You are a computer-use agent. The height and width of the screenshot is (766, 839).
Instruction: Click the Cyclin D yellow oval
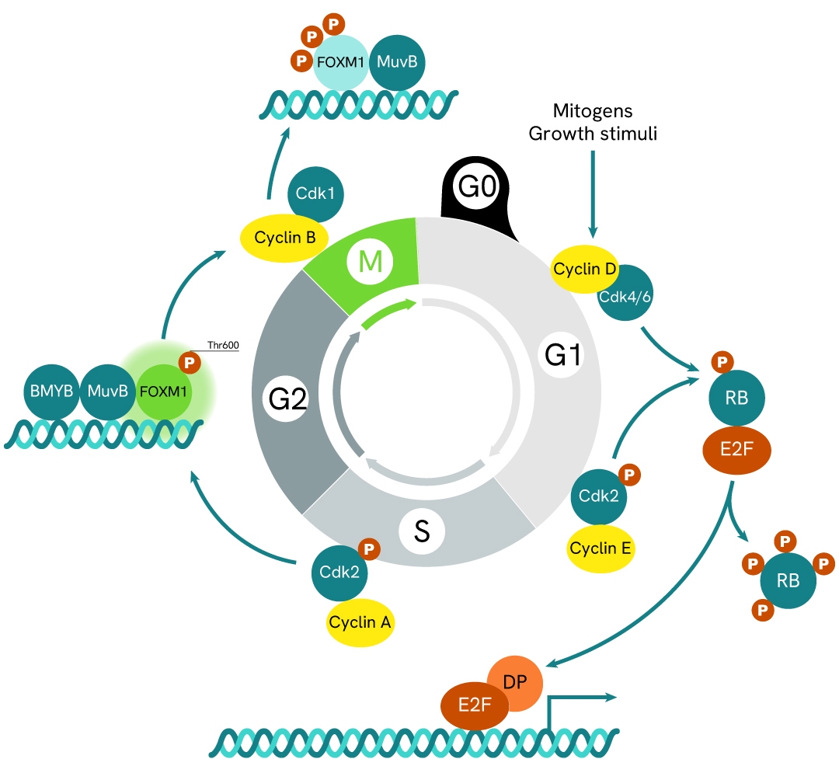(583, 270)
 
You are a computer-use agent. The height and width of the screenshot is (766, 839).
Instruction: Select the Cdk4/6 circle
(626, 294)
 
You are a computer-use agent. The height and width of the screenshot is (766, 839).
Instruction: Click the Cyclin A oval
(360, 622)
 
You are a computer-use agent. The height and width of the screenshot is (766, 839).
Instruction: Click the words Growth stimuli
(593, 133)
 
